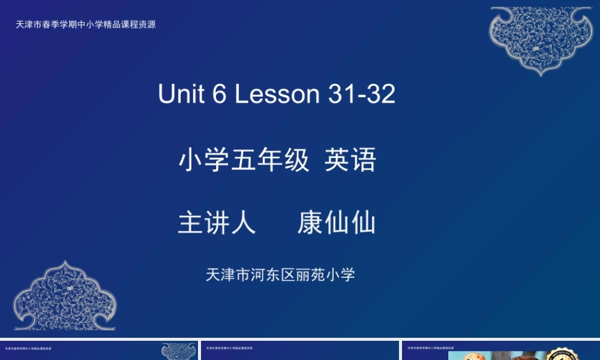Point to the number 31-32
pyautogui.click(x=362, y=94)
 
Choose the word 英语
pyautogui.click(x=350, y=161)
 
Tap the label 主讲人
pyautogui.click(x=217, y=223)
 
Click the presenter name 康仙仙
pyautogui.click(x=337, y=223)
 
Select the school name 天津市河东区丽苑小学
pyautogui.click(x=280, y=275)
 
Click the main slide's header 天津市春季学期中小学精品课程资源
pyautogui.click(x=86, y=25)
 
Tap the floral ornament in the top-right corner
pyautogui.click(x=541, y=39)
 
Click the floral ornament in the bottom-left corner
pyautogui.click(x=65, y=297)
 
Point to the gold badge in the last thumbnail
pyautogui.click(x=562, y=355)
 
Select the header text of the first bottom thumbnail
pyautogui.click(x=28, y=348)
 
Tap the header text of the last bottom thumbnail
pyautogui.click(x=430, y=348)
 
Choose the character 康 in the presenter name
pyautogui.click(x=310, y=223)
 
